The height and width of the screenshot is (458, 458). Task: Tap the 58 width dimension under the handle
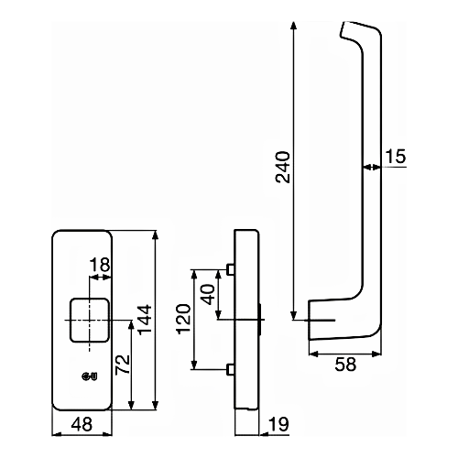pos(343,364)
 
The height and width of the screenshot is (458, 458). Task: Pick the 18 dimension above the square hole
pos(100,266)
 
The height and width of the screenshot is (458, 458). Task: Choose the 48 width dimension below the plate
pos(83,424)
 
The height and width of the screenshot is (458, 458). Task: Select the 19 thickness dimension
pos(281,424)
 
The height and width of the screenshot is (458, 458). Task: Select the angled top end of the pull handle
pos(353,32)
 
